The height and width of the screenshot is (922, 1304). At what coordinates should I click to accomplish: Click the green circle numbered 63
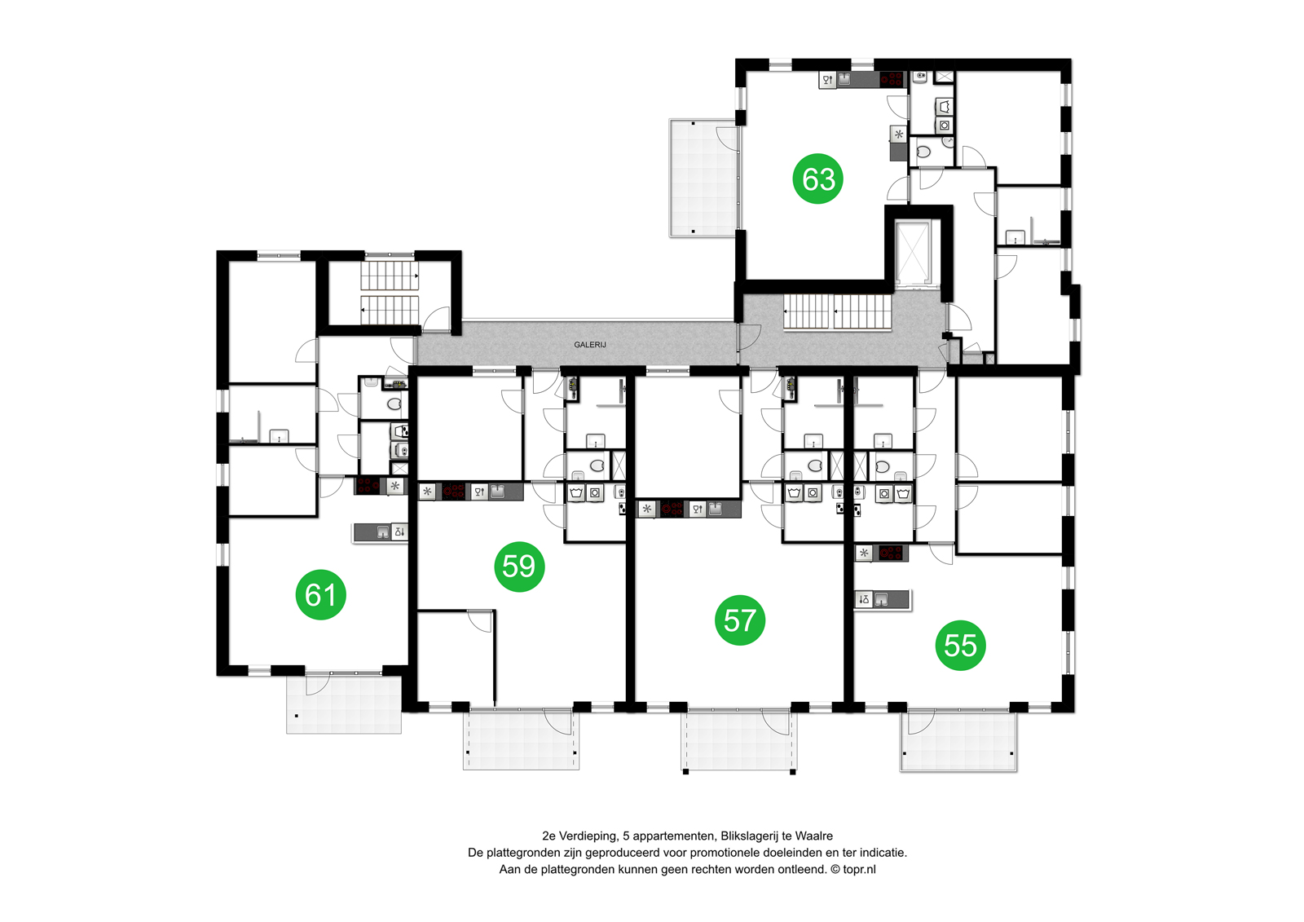click(818, 179)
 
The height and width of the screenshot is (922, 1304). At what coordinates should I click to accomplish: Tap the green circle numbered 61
click(320, 594)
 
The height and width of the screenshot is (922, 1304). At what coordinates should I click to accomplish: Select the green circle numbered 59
click(519, 566)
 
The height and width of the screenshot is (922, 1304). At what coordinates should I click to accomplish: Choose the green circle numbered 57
click(739, 620)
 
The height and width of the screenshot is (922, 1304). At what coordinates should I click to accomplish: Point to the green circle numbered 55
click(960, 646)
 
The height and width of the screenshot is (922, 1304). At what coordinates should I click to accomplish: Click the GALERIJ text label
click(589, 345)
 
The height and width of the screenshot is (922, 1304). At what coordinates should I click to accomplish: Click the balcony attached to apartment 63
click(703, 178)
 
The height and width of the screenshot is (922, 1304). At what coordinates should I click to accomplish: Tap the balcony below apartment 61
click(344, 704)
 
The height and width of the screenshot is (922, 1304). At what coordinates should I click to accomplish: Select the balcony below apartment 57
click(738, 740)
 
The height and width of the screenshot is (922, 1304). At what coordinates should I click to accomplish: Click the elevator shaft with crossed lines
click(913, 253)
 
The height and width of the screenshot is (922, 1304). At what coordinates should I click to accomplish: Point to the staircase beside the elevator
click(838, 312)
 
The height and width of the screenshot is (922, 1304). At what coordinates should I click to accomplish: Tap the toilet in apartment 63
click(923, 152)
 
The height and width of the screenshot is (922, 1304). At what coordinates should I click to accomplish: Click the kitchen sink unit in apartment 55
click(882, 600)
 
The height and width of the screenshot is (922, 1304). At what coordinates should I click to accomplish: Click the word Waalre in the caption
click(813, 836)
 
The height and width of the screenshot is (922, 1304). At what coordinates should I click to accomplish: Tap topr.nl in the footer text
click(859, 869)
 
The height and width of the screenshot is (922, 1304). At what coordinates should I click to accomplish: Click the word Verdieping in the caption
click(588, 836)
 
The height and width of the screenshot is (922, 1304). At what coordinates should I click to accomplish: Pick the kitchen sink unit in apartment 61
click(381, 532)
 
